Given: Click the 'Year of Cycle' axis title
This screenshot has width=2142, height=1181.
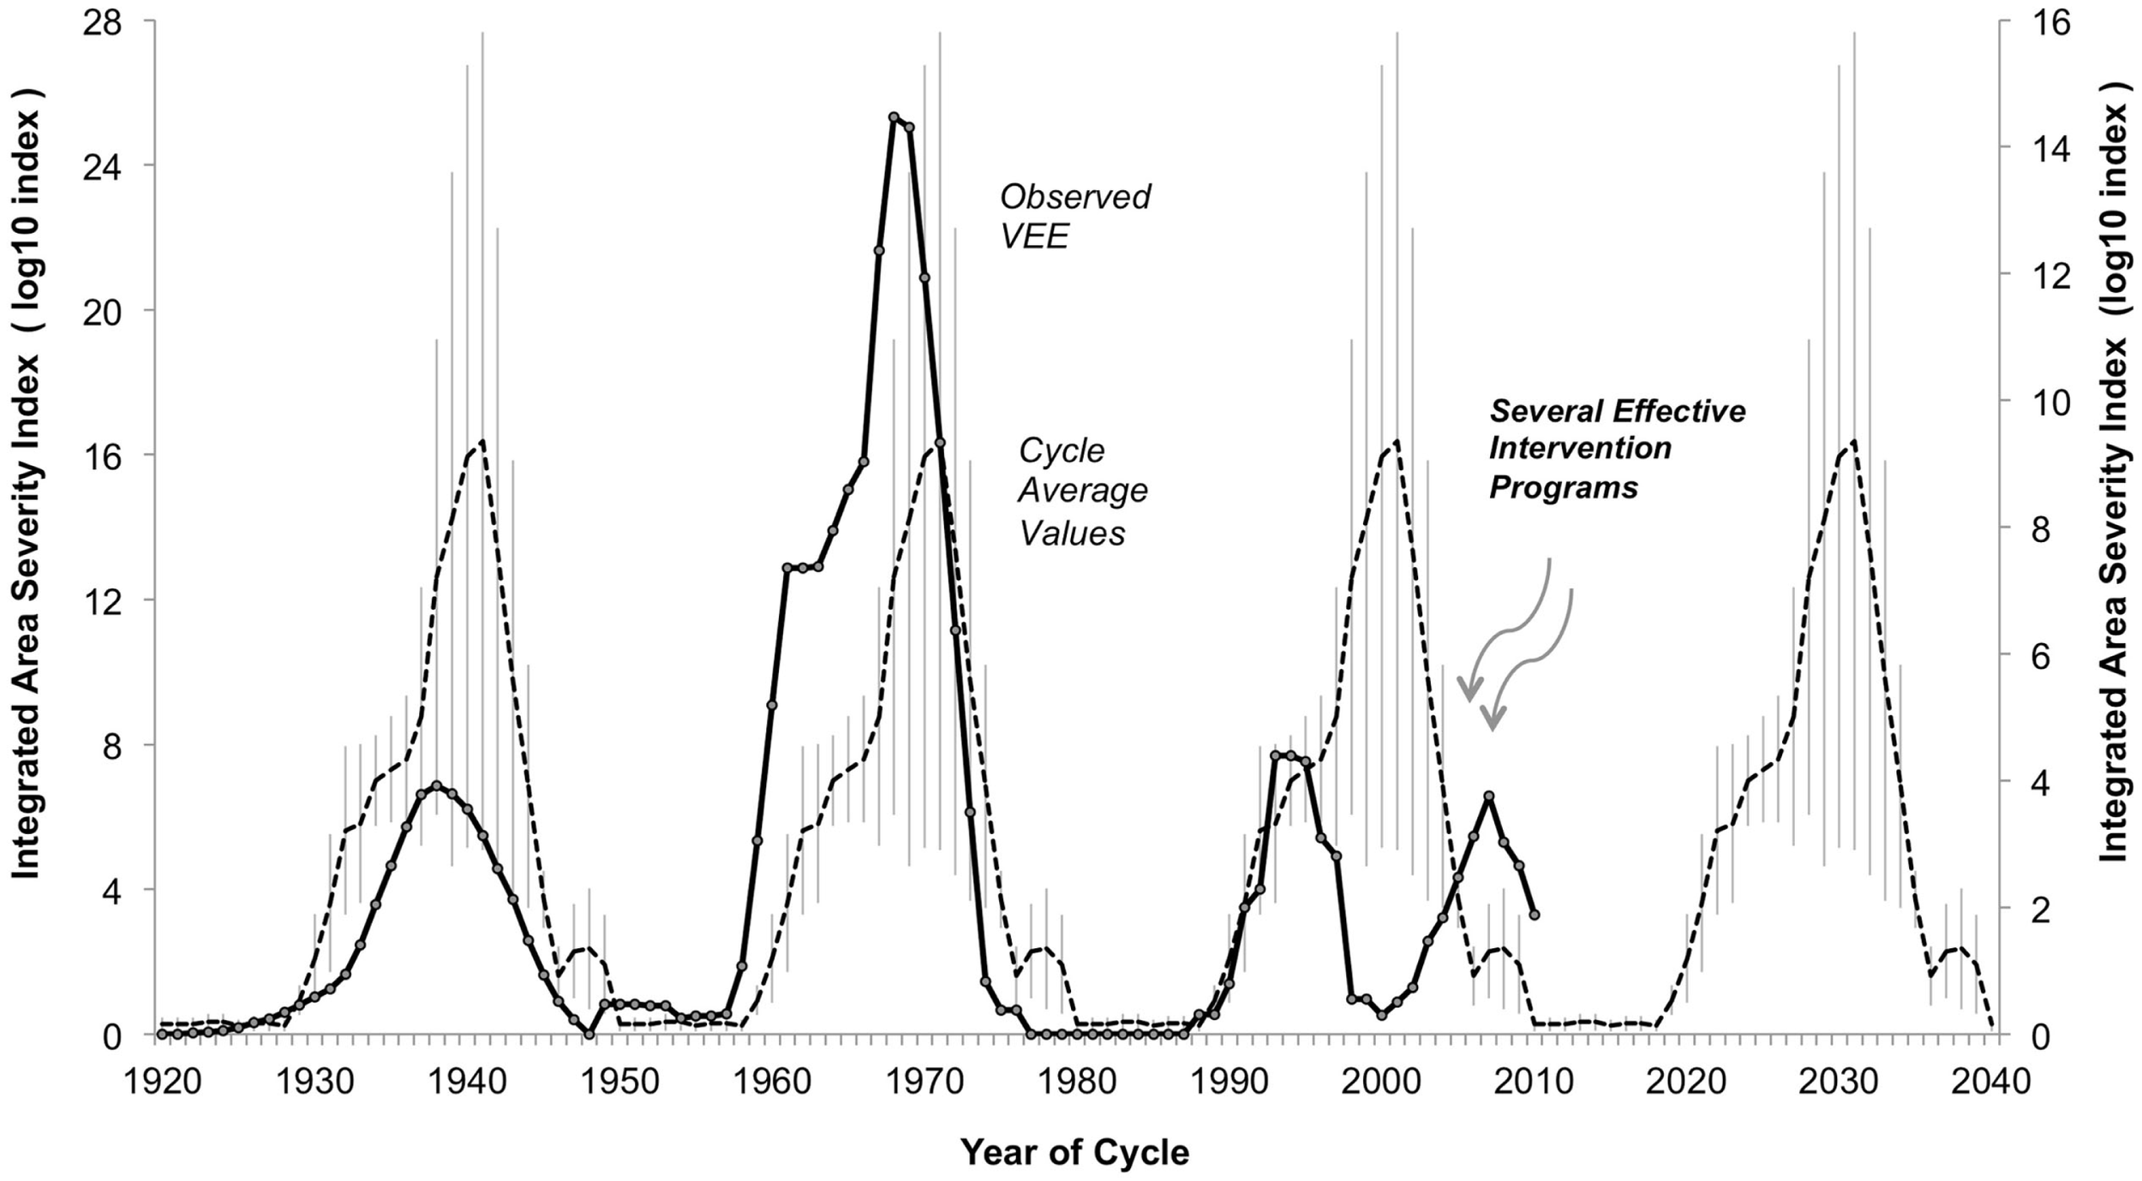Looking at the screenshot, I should click(1074, 1153).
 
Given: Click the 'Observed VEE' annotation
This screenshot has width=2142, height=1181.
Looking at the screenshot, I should click(1074, 216).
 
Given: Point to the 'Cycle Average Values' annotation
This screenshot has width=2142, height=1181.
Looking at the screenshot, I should click(1081, 492).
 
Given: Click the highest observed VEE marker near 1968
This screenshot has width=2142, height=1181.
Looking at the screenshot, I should click(894, 117).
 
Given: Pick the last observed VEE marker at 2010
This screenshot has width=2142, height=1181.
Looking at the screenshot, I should click(1534, 916).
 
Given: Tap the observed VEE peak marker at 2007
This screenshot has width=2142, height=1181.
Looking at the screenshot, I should click(1489, 796).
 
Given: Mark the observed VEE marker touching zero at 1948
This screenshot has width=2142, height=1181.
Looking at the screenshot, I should click(589, 1035).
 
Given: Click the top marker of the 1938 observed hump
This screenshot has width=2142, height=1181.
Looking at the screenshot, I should click(437, 785).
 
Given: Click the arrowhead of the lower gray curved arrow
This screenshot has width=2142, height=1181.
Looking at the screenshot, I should click(1493, 725).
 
